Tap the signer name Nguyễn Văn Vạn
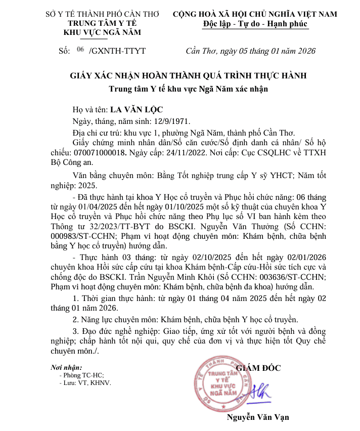click(258, 417)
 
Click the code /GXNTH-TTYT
click(117, 51)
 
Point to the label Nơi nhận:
click(66, 367)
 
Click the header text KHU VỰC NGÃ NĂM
click(102, 33)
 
